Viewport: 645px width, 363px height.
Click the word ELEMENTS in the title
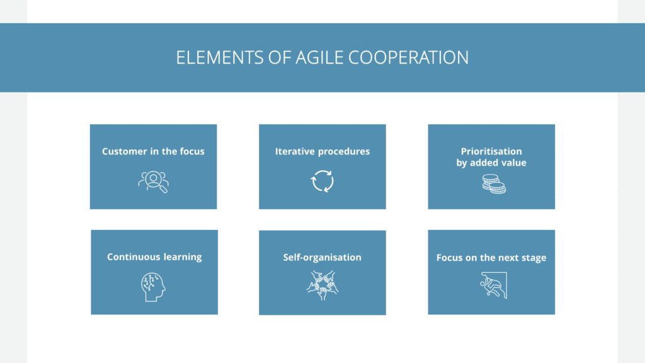click(x=220, y=57)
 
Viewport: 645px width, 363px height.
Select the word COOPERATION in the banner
click(x=408, y=57)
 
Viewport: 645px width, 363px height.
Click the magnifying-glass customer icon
click(x=154, y=181)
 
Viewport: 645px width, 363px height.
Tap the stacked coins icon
click(x=494, y=183)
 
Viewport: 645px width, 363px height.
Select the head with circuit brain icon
click(x=152, y=287)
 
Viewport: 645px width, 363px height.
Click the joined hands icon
click(x=322, y=285)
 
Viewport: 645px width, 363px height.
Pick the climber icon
click(x=493, y=285)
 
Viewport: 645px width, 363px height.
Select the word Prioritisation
click(x=491, y=151)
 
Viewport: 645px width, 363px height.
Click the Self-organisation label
click(x=322, y=257)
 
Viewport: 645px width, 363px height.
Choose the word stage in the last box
click(x=533, y=258)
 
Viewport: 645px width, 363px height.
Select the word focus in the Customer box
click(x=191, y=151)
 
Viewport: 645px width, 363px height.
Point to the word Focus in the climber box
click(x=448, y=258)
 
